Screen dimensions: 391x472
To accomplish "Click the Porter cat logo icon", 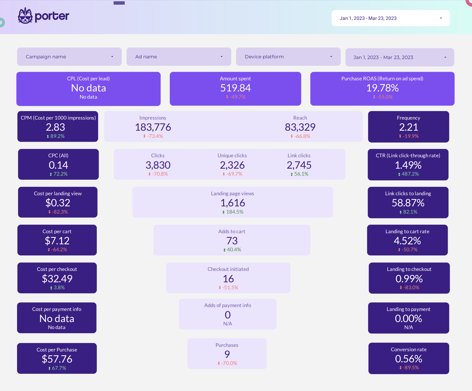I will (25, 16).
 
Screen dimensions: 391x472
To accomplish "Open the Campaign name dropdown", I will (69, 57).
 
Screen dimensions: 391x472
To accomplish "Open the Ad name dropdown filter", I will (179, 57).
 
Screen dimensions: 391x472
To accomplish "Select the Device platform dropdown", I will (288, 57).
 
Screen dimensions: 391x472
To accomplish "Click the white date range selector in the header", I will (390, 18).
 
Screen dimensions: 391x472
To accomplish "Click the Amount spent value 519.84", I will (235, 88).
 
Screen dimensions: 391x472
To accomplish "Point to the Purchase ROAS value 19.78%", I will (382, 88).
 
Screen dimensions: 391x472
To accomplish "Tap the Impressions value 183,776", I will (153, 127).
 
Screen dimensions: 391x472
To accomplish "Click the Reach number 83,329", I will (300, 127).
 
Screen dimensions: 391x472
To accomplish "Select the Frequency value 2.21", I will (408, 127).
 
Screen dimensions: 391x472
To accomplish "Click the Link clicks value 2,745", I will (299, 165).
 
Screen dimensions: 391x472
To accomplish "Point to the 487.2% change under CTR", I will (410, 174).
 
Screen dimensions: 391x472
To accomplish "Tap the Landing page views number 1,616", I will (232, 203).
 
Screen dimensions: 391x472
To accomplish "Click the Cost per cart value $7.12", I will (57, 241).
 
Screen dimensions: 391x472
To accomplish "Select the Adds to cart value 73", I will (232, 241).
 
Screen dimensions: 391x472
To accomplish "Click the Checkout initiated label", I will (228, 269).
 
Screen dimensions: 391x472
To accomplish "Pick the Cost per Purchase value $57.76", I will (57, 359).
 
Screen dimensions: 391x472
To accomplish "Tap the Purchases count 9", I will (227, 354).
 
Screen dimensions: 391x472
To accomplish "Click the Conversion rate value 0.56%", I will (408, 359).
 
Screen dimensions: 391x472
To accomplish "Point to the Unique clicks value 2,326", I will (232, 165).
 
